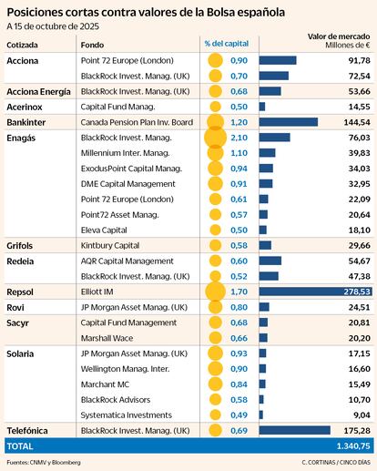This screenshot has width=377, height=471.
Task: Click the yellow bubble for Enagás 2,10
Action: coord(215,138)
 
